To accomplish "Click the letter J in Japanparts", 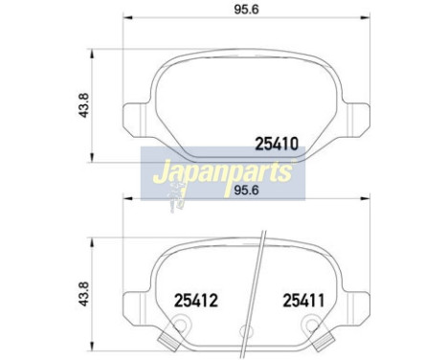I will (x=154, y=174).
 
